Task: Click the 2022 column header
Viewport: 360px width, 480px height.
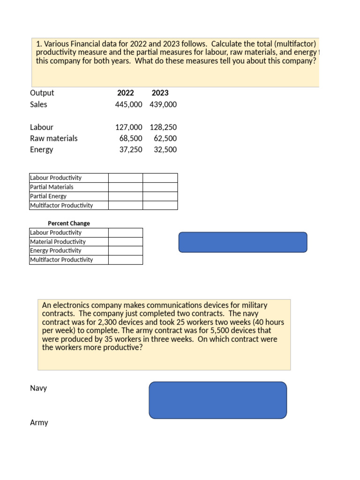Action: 125,93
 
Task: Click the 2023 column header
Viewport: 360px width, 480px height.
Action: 160,93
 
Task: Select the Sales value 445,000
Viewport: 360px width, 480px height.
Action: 128,105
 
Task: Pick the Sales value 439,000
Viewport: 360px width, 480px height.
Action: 163,105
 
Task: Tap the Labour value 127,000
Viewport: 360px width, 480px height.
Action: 128,127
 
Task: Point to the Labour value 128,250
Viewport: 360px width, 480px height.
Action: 163,127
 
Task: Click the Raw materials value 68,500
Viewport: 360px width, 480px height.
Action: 131,138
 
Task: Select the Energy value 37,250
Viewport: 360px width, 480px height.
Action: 131,150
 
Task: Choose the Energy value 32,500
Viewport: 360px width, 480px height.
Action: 165,150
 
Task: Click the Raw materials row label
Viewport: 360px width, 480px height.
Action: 53,138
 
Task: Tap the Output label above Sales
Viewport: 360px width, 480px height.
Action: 42,93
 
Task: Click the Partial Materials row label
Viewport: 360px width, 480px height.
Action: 52,187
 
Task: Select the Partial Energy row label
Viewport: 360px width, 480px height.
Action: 48,196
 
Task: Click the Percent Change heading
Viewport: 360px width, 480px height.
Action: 69,224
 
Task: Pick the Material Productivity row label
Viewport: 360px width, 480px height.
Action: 58,242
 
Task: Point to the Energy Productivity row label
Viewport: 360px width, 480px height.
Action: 55,251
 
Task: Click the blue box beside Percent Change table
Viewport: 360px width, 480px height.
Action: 243,242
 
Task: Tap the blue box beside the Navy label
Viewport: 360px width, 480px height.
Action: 217,400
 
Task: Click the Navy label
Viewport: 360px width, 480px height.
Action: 38,389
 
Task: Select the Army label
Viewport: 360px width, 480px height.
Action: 39,423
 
